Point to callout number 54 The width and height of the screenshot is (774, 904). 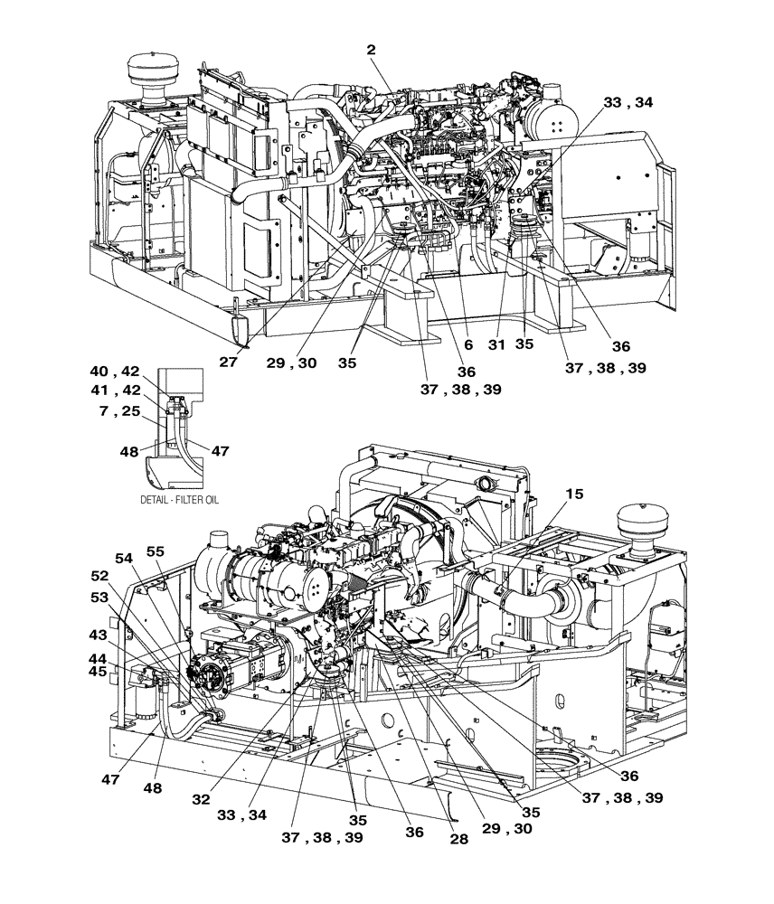123,557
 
